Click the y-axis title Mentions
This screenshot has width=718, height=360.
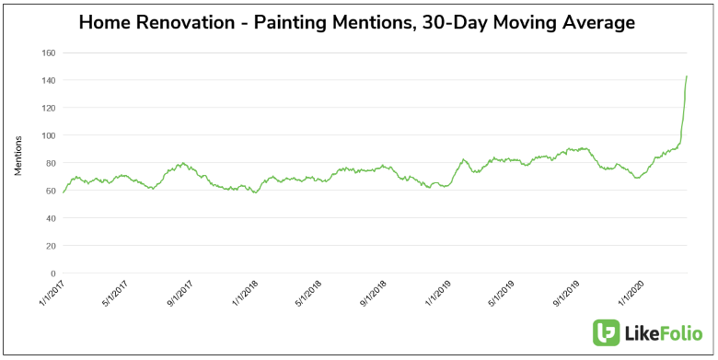18,157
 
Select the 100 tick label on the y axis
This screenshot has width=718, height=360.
42,135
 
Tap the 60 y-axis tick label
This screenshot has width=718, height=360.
44,191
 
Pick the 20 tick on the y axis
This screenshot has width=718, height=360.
44,246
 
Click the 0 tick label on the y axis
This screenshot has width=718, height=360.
47,273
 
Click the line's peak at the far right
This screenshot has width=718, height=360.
687,76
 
